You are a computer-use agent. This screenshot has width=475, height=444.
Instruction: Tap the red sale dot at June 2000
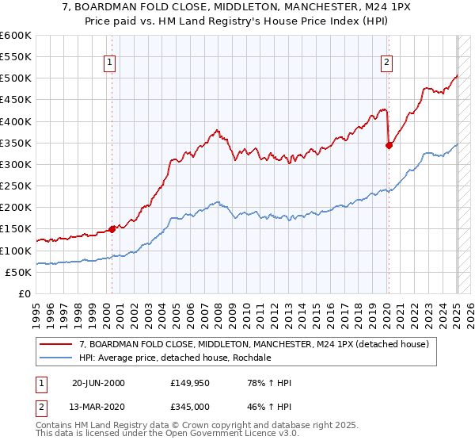[x=112, y=229]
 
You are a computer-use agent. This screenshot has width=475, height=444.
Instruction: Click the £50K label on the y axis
[x=19, y=272]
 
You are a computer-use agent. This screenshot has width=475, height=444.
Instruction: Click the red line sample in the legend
[x=56, y=343]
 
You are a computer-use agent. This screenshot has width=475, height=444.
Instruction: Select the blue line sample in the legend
[x=56, y=358]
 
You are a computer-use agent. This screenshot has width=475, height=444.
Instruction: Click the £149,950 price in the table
[x=190, y=383]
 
